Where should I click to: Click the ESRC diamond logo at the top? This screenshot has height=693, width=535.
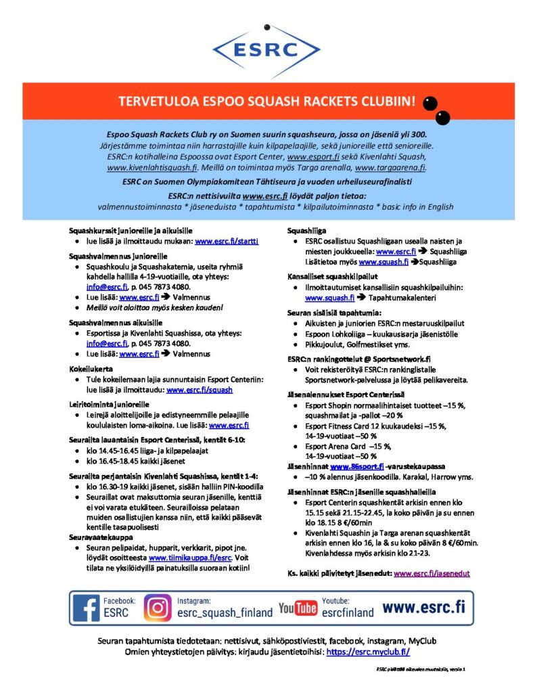click(x=266, y=49)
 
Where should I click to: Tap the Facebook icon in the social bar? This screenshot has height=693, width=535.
click(x=86, y=607)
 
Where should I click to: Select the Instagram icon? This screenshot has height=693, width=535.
click(x=158, y=607)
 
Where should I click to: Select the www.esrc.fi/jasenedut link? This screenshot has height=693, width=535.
click(x=432, y=573)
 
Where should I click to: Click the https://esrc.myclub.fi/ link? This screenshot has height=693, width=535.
click(x=368, y=652)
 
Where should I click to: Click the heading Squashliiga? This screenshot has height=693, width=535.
click(x=306, y=230)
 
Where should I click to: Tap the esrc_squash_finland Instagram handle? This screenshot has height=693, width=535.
click(x=225, y=612)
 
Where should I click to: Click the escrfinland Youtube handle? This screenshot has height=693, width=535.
click(x=347, y=612)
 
